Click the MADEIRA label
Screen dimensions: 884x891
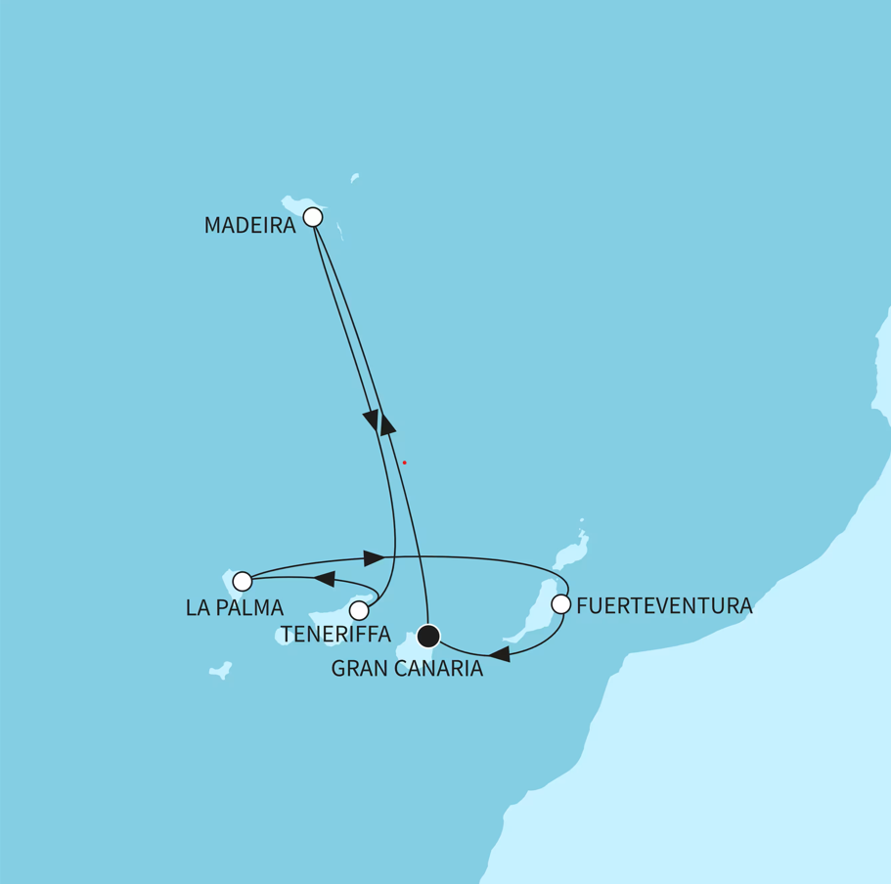249,226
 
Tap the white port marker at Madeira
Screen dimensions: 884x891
313,217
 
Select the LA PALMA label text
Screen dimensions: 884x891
234,607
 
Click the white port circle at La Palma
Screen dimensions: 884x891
243,581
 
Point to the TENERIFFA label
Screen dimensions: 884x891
335,634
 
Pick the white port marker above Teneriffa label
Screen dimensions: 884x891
359,610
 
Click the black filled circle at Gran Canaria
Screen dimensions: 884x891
428,637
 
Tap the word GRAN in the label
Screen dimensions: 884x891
361,669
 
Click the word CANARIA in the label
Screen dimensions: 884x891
439,669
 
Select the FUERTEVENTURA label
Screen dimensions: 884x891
664,606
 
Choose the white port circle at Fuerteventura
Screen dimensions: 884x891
560,604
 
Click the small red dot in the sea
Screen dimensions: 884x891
404,463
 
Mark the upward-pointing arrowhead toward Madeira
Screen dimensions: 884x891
386,421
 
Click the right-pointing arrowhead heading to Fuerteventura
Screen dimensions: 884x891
374,557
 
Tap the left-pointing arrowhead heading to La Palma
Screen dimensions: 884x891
324,579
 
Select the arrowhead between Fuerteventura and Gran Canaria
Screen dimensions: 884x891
499,653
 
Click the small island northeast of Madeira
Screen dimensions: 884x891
355,177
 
